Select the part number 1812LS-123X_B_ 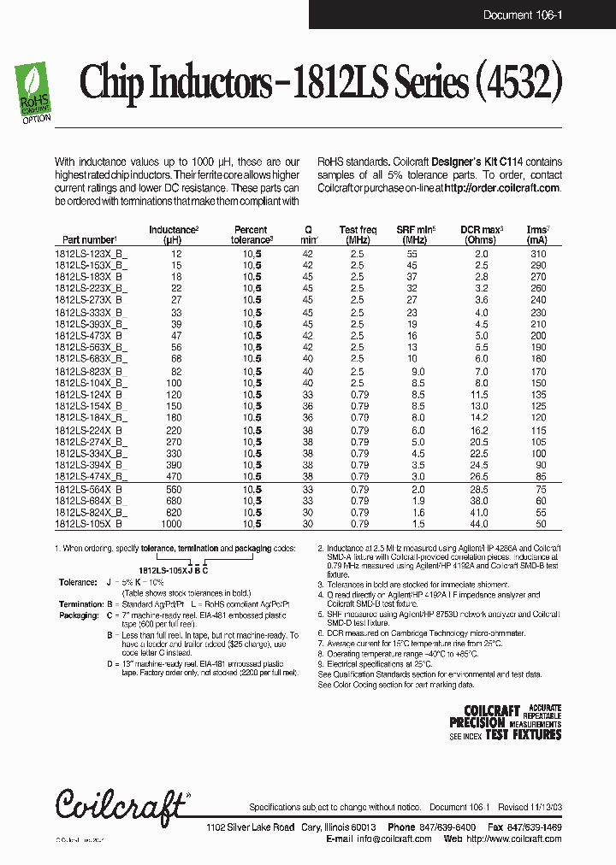[x=91, y=255]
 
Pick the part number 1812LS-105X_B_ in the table [x=91, y=522]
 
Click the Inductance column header [x=175, y=235]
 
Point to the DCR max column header [x=482, y=235]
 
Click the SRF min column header [x=416, y=235]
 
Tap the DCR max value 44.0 [x=481, y=522]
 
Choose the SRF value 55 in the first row [x=412, y=255]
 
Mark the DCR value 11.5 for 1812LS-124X [x=480, y=396]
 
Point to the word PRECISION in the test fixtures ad [x=477, y=722]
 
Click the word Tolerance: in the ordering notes [x=78, y=582]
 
